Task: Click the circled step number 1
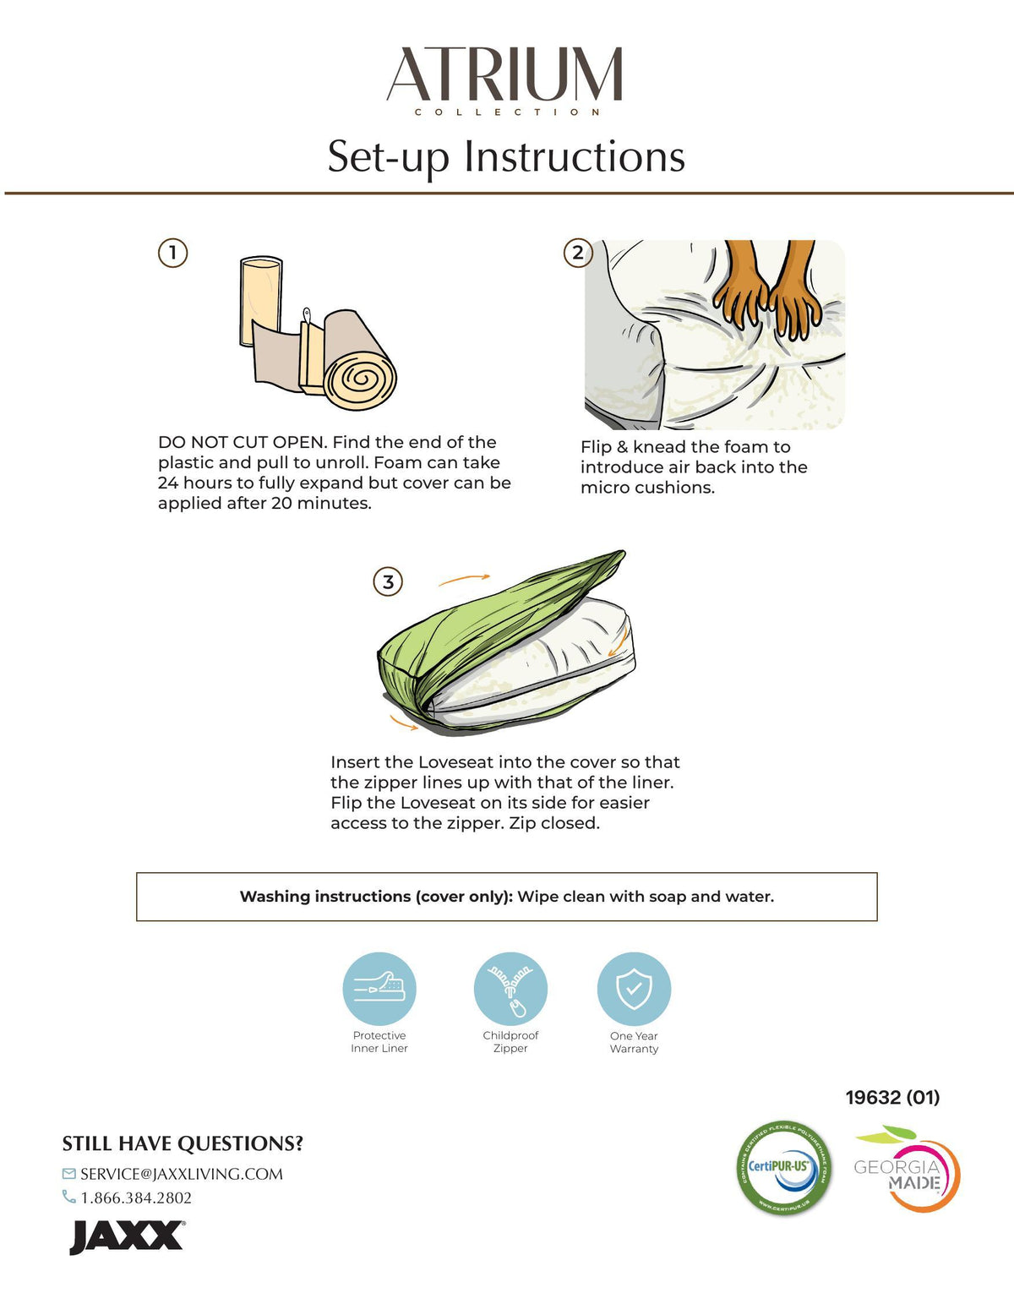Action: point(172,254)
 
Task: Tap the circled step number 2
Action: point(578,254)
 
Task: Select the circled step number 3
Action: point(388,582)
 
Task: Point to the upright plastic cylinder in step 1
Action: point(261,301)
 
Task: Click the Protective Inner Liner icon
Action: point(379,989)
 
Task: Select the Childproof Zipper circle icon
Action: point(510,989)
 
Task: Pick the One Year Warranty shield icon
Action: point(635,989)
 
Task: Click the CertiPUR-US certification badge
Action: point(783,1168)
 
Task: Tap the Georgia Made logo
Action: point(907,1169)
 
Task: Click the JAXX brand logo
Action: point(126,1237)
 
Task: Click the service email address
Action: point(182,1174)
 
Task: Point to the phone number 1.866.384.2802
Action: point(136,1198)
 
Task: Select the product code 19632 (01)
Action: point(892,1098)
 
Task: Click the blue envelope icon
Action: point(69,1173)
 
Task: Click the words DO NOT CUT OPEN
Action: point(242,442)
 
